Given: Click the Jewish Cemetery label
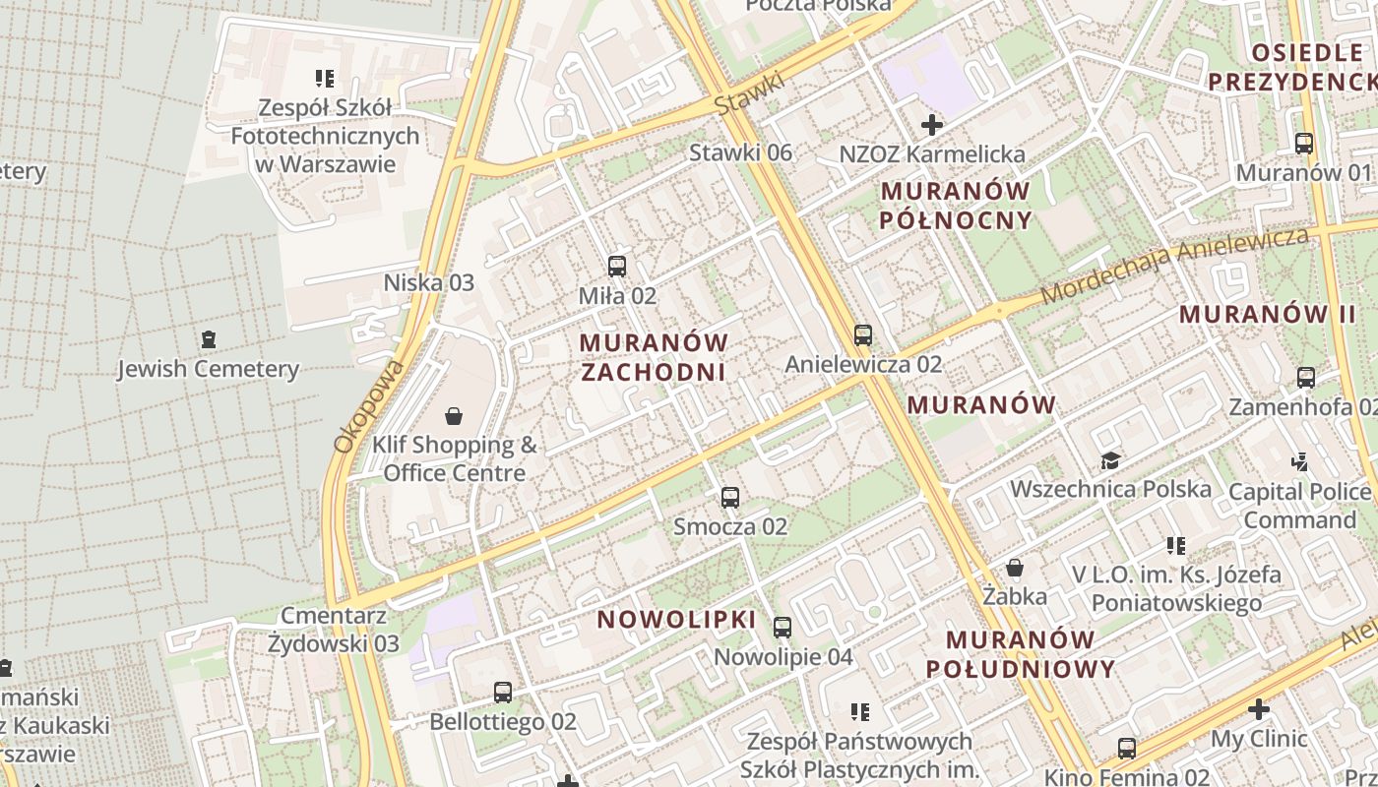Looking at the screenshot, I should tap(208, 369).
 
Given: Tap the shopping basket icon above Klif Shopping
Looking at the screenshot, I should tap(454, 416).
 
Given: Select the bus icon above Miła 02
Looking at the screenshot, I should tap(617, 266).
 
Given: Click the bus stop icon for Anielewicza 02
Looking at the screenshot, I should tap(863, 335).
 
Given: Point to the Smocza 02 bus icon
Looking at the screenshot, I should tap(730, 498).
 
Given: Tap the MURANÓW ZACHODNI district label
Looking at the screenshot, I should tap(654, 357).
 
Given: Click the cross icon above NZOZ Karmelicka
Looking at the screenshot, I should tap(932, 125).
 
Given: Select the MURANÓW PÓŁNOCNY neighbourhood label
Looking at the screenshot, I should tap(956, 205).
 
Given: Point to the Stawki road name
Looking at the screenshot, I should tap(750, 92).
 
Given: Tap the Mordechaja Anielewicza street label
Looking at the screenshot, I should tap(1175, 265).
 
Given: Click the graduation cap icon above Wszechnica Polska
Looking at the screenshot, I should tap(1110, 460).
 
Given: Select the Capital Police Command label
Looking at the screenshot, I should tap(1299, 505).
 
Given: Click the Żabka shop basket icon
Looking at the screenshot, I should tap(1015, 568).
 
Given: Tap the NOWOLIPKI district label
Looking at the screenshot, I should tap(676, 620).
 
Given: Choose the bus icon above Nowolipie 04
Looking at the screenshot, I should tap(783, 628).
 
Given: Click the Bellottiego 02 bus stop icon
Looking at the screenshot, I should tap(503, 693).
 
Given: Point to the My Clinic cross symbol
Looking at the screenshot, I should tap(1258, 709).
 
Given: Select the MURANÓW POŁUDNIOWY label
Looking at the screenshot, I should tap(1021, 654).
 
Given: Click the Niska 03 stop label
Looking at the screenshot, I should tap(428, 283).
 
